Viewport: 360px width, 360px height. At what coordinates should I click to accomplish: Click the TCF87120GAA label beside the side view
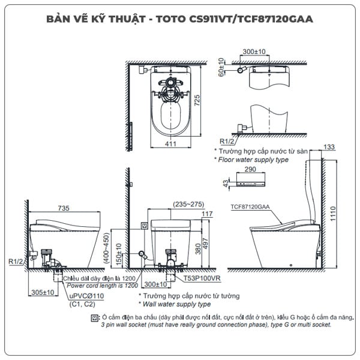click(x=250, y=206)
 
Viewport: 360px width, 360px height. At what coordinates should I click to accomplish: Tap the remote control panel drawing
click(x=251, y=182)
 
